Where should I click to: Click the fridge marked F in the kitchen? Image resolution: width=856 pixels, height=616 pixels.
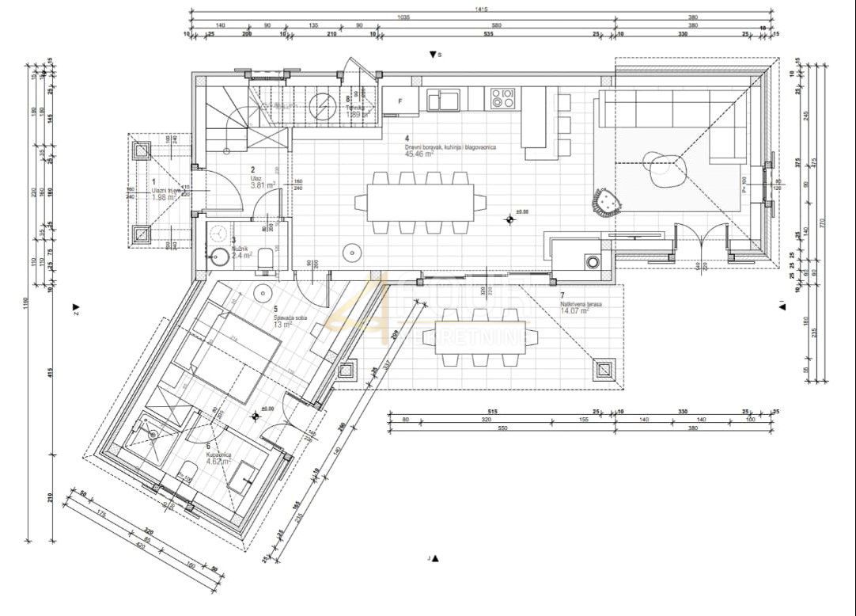400,101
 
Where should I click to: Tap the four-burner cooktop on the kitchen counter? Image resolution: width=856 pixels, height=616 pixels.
502,98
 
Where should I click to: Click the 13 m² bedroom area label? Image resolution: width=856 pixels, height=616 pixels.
282,323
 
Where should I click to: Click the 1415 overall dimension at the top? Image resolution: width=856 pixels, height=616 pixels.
480,10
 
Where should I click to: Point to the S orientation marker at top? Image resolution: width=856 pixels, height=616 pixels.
434,55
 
